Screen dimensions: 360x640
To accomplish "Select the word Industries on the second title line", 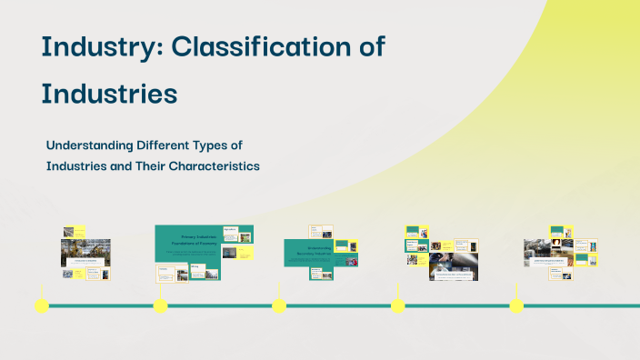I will [x=108, y=93].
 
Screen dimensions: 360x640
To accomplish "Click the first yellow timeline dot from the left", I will [x=41, y=305].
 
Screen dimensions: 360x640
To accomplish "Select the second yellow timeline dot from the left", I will [x=160, y=305].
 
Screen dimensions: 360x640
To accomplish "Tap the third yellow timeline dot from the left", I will [x=279, y=305].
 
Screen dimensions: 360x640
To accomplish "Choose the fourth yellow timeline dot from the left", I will [x=397, y=305].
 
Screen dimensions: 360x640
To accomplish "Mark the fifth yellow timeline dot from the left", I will [x=516, y=305].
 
